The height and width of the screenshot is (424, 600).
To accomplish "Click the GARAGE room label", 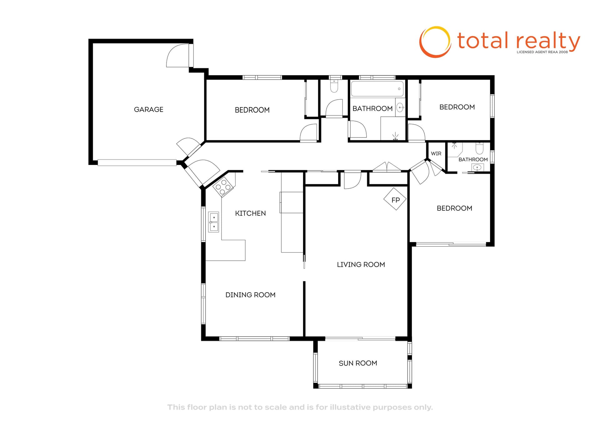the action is (148, 110).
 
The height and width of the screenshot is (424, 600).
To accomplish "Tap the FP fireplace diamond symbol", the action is (395, 199).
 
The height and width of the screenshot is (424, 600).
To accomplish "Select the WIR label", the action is (436, 154).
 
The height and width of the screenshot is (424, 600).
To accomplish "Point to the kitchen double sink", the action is (214, 222).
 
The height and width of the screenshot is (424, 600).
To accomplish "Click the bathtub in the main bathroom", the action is (377, 89).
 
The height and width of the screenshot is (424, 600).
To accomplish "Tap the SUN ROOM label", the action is (358, 363).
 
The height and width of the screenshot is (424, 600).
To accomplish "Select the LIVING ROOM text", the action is (361, 265).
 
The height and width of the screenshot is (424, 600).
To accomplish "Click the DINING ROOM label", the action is (250, 295).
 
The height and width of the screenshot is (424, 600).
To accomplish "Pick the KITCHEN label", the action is (250, 214).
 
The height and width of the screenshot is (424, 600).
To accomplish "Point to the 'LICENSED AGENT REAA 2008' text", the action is (542, 52).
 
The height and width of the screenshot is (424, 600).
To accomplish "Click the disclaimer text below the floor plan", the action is (300, 407).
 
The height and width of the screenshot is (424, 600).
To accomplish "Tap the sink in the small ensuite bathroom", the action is (477, 168).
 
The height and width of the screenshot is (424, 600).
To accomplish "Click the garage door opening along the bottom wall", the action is (137, 163).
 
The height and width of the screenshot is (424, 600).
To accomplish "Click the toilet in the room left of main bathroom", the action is (334, 86).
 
